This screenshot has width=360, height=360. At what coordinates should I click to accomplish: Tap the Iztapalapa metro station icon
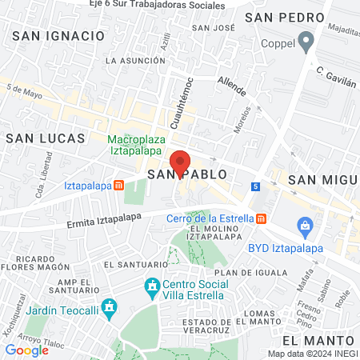tap(118, 186)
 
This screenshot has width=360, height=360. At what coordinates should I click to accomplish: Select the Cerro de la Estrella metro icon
tap(261, 219)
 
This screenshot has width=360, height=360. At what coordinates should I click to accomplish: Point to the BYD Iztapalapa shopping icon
tap(305, 226)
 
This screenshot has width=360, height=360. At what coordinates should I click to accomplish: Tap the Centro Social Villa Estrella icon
tap(152, 286)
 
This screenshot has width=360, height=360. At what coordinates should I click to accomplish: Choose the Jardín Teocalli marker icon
tap(111, 306)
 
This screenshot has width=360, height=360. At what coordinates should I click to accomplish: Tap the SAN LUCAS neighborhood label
tap(45, 138)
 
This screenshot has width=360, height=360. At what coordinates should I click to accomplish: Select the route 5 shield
tap(255, 186)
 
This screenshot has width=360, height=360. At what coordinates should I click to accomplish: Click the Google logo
tap(26, 350)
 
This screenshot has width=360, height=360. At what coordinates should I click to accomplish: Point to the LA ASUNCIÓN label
tap(134, 60)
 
